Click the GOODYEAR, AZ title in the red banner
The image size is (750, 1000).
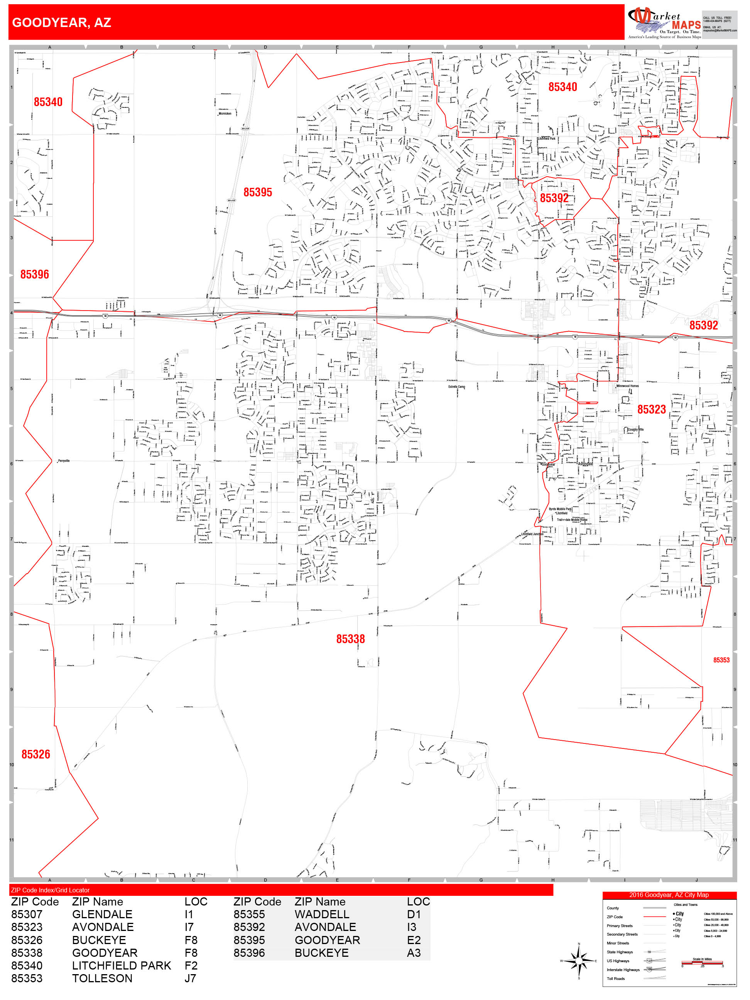pos(61,23)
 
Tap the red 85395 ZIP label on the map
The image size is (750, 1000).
pos(258,192)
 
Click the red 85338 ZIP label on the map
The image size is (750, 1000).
pos(350,639)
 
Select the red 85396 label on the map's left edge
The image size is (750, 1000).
pos(35,274)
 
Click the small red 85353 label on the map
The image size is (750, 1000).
pos(721,660)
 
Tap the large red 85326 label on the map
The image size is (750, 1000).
pos(36,754)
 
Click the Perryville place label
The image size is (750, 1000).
pos(64,461)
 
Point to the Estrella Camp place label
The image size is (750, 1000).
pos(457,387)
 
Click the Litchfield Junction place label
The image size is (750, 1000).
pos(532,534)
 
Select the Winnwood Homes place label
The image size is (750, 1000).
pos(627,386)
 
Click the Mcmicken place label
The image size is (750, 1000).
pos(225,113)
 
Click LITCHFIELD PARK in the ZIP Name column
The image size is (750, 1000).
pos(121,966)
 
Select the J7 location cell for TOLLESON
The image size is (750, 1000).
pos(190,978)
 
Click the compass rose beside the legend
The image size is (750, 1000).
pos(579,961)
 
